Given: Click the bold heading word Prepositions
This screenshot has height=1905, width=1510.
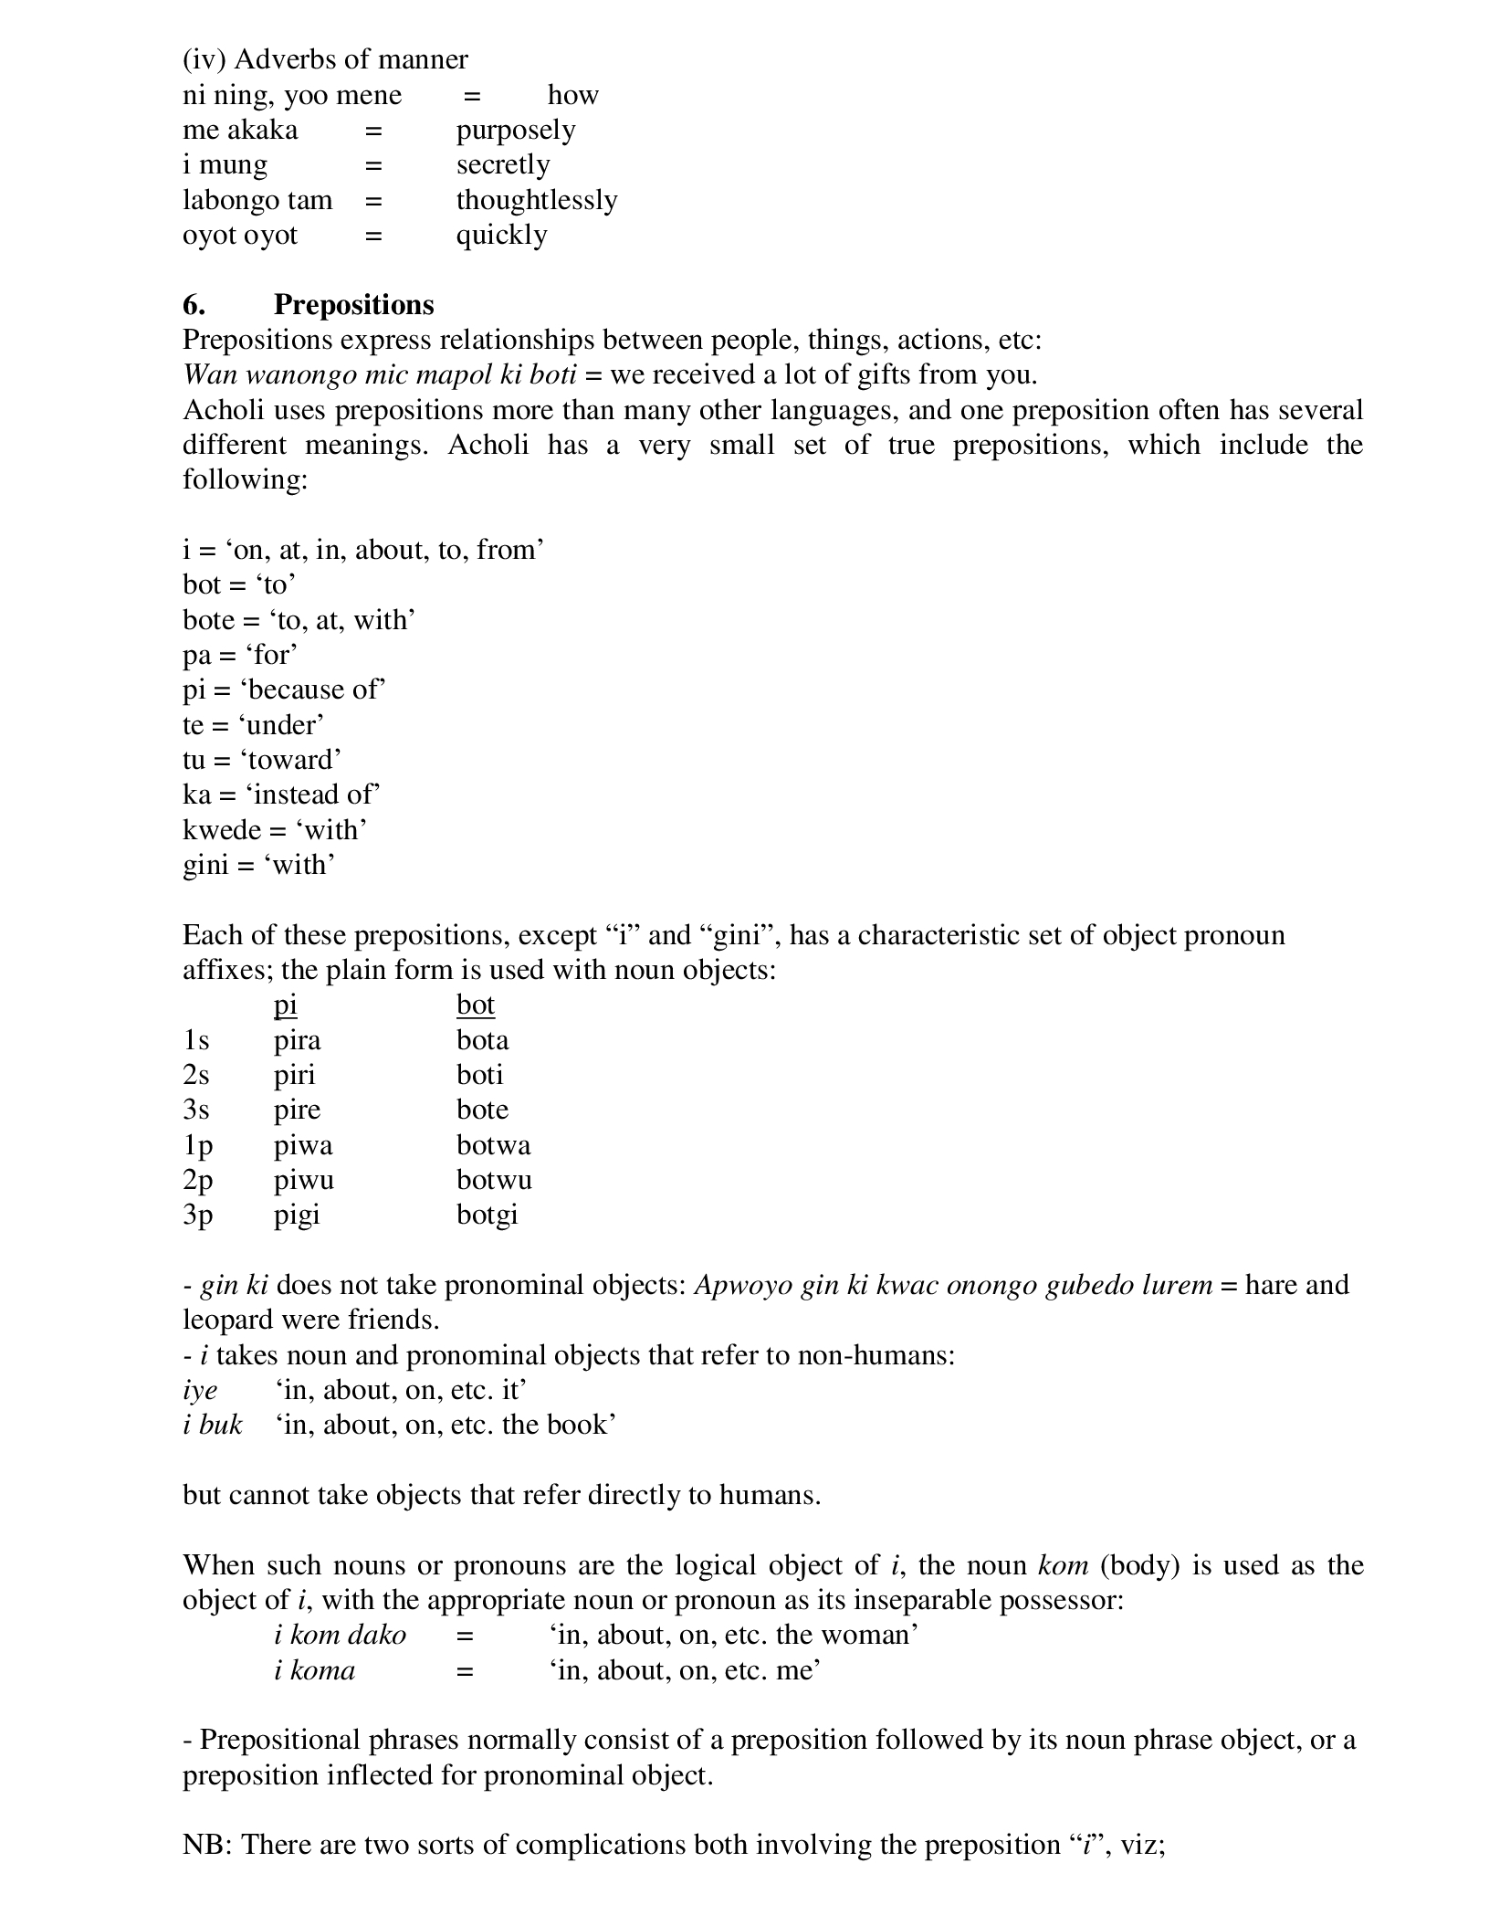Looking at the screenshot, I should [353, 304].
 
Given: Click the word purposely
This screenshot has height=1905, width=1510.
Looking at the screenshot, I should [516, 131].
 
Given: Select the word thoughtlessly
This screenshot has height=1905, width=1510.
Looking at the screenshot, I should [537, 200].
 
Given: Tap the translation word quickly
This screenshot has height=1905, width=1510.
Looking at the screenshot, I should [502, 236].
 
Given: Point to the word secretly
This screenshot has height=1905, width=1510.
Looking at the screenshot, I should [503, 165].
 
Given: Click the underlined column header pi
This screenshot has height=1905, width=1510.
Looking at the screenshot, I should [286, 1005].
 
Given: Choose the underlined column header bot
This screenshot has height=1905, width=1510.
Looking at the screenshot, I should [476, 1005].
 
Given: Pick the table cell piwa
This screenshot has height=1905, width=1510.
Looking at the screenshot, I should [303, 1145].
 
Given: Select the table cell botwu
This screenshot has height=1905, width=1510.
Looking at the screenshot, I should [494, 1180].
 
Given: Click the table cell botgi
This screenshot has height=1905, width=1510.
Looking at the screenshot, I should [488, 1216].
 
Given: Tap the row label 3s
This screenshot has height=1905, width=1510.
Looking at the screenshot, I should [196, 1110].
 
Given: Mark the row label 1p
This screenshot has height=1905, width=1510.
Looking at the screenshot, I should [197, 1145].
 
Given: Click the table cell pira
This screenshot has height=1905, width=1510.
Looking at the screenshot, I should [298, 1040].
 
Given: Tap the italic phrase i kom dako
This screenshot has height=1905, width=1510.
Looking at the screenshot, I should [340, 1635].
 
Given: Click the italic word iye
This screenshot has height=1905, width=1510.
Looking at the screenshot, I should [200, 1390].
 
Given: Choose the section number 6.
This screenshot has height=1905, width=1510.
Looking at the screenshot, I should [194, 304].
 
